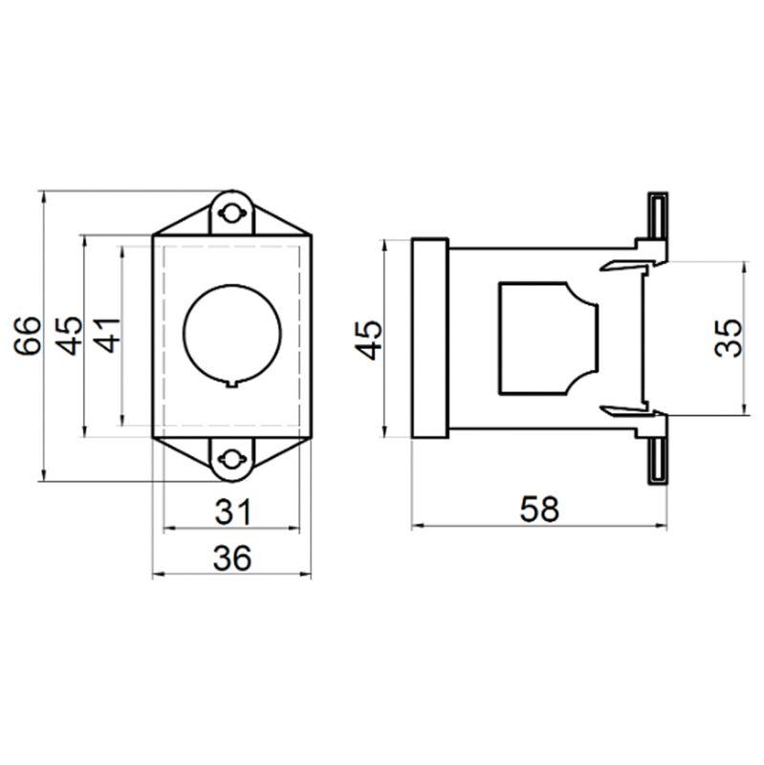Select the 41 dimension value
pyautogui.click(x=108, y=334)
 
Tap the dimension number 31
pyautogui.click(x=232, y=513)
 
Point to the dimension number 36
pyautogui.click(x=232, y=557)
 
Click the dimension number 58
pyautogui.click(x=538, y=510)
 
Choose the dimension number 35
pyautogui.click(x=730, y=337)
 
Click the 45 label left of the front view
pyautogui.click(x=69, y=334)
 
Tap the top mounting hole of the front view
pyautogui.click(x=231, y=212)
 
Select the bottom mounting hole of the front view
pyautogui.click(x=231, y=459)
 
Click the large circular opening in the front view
pyautogui.click(x=233, y=332)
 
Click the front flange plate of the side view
pyautogui.click(x=429, y=337)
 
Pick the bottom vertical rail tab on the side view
pyautogui.click(x=657, y=457)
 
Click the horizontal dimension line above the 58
pyautogui.click(x=538, y=527)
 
